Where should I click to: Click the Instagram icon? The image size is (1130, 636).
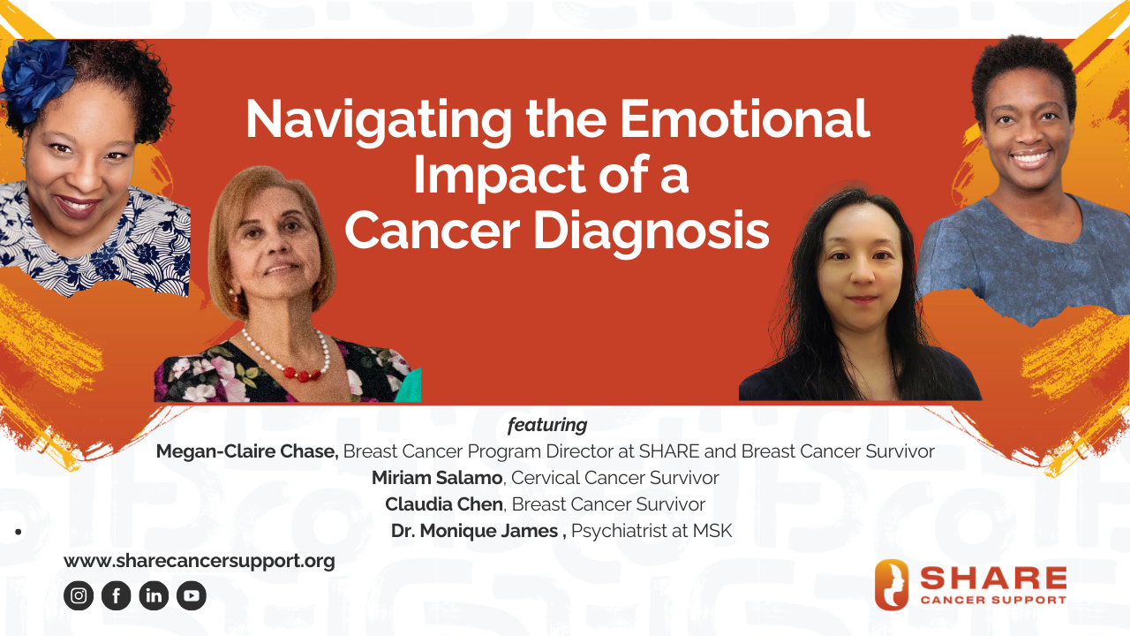click(79, 596)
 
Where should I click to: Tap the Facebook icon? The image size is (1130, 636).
click(117, 596)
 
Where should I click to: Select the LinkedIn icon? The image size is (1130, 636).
click(154, 596)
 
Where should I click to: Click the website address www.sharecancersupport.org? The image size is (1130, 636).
click(199, 561)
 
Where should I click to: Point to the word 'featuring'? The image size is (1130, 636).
click(547, 425)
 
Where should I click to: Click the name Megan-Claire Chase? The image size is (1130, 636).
click(247, 451)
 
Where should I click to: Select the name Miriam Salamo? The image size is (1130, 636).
click(437, 478)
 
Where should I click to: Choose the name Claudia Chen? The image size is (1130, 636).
click(444, 504)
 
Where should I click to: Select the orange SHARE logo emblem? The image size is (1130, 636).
click(892, 585)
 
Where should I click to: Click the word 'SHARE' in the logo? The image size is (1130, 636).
click(993, 578)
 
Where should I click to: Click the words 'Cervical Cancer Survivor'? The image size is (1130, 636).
click(615, 478)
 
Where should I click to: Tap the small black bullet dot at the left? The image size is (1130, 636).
click(18, 532)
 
